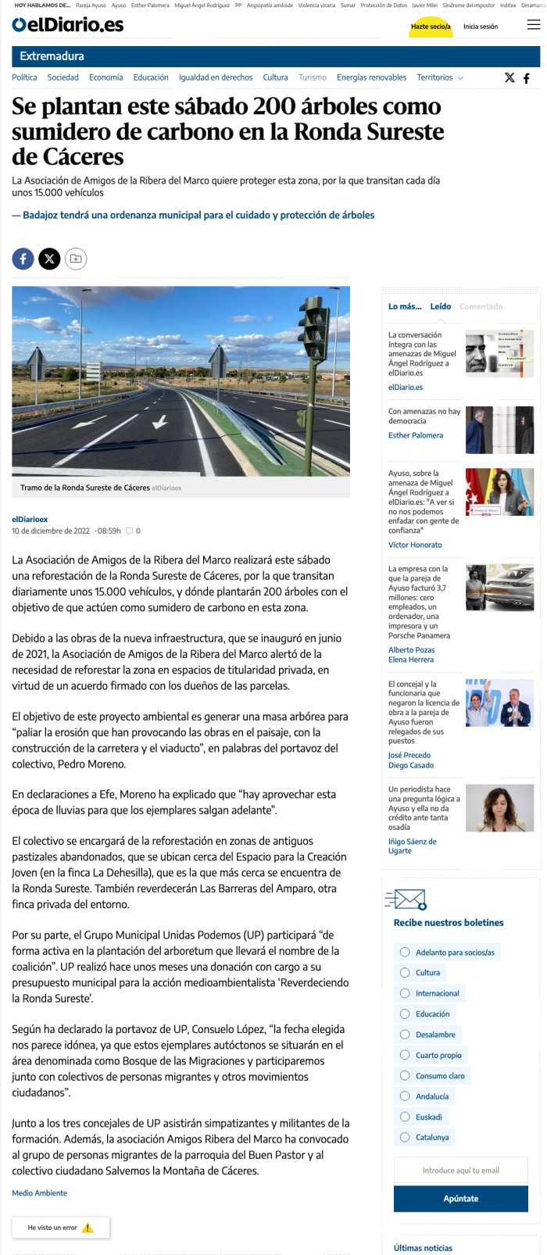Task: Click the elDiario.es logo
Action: [68, 25]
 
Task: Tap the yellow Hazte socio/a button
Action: [431, 27]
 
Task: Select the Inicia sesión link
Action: [480, 27]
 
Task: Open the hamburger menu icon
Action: [534, 25]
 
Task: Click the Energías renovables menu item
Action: [371, 77]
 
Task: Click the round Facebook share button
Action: [23, 259]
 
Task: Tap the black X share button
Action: [49, 259]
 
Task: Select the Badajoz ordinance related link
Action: [198, 215]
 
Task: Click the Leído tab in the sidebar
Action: [440, 306]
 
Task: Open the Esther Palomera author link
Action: [415, 435]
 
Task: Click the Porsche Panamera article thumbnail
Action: [499, 587]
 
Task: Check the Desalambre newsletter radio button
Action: [405, 1035]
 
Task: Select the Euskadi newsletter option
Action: [405, 1117]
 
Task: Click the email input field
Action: [460, 1170]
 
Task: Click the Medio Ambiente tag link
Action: [40, 1193]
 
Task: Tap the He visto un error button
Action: [61, 1228]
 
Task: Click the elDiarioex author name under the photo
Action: [30, 519]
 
